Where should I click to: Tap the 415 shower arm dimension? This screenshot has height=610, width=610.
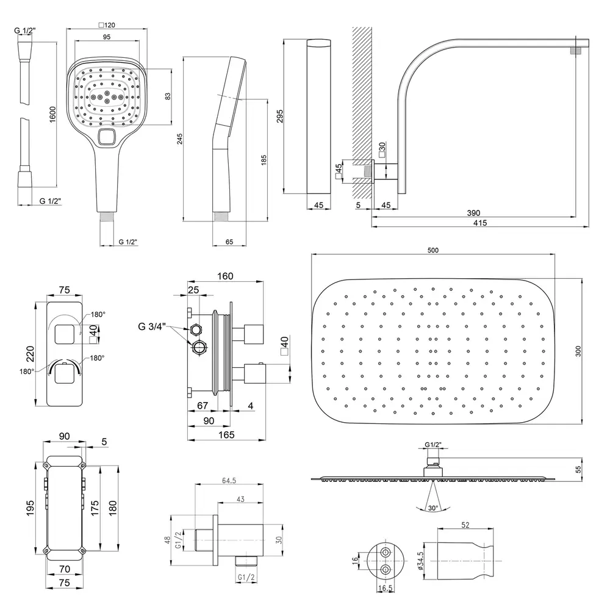pyautogui.click(x=479, y=223)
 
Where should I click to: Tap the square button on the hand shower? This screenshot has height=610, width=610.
pyautogui.click(x=107, y=138)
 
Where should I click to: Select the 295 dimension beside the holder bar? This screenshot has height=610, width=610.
pyautogui.click(x=280, y=116)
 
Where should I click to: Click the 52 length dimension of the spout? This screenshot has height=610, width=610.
pyautogui.click(x=465, y=525)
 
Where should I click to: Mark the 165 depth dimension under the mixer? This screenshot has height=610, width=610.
pyautogui.click(x=227, y=434)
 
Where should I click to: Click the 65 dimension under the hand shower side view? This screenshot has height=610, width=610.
pyautogui.click(x=229, y=242)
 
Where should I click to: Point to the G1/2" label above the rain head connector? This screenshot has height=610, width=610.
pyautogui.click(x=432, y=444)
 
